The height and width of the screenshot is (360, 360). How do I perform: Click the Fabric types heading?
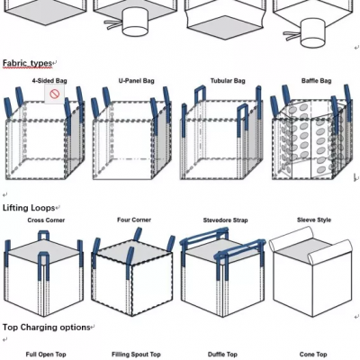click(27, 63)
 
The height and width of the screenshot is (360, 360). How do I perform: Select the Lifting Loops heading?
click(29, 208)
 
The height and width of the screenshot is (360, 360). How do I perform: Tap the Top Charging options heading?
click(47, 328)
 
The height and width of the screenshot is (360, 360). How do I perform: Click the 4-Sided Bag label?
click(49, 81)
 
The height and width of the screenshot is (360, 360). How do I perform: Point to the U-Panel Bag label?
click(137, 81)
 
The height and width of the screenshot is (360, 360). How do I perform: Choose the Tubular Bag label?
click(228, 81)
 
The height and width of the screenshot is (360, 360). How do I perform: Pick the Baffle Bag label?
click(317, 81)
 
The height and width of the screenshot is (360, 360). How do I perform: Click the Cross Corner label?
click(46, 220)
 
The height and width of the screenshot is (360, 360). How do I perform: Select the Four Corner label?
click(134, 220)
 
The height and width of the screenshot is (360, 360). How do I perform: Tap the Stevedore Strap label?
click(226, 220)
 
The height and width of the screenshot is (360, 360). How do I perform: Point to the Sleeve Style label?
click(314, 220)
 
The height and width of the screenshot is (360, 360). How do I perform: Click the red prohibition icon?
click(55, 94)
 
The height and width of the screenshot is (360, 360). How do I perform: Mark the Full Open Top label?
click(46, 355)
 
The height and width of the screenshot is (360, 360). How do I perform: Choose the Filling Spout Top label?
click(136, 355)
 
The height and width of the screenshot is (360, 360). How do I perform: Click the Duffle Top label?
click(222, 355)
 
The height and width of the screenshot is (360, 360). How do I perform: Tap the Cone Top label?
click(313, 355)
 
